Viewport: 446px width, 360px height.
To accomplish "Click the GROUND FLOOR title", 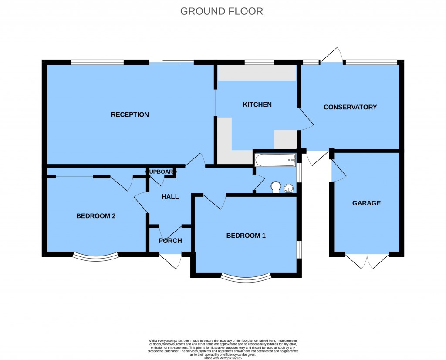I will point(222,11).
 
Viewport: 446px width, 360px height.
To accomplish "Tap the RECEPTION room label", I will point(130,115).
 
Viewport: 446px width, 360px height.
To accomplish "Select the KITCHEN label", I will point(257,104).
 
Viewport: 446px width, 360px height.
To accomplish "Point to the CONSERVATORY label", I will point(350,107).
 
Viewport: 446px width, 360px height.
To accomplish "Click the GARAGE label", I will point(366,203).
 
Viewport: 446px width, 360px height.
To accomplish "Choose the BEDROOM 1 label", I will point(246,236).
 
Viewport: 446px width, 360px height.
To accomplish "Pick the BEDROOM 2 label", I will point(96,216).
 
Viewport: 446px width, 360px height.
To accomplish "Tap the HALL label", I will point(170,197).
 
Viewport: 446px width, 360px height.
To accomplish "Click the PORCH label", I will point(170,241).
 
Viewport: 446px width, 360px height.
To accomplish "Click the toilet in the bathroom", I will point(275,187).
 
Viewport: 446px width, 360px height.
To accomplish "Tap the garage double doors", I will point(367,260).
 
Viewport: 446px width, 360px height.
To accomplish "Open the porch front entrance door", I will point(171,260).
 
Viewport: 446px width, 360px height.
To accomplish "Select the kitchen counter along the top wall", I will point(257,73).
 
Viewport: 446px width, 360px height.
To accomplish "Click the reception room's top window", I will point(98,62).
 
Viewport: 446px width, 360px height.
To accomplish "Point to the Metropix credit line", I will point(223,357).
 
